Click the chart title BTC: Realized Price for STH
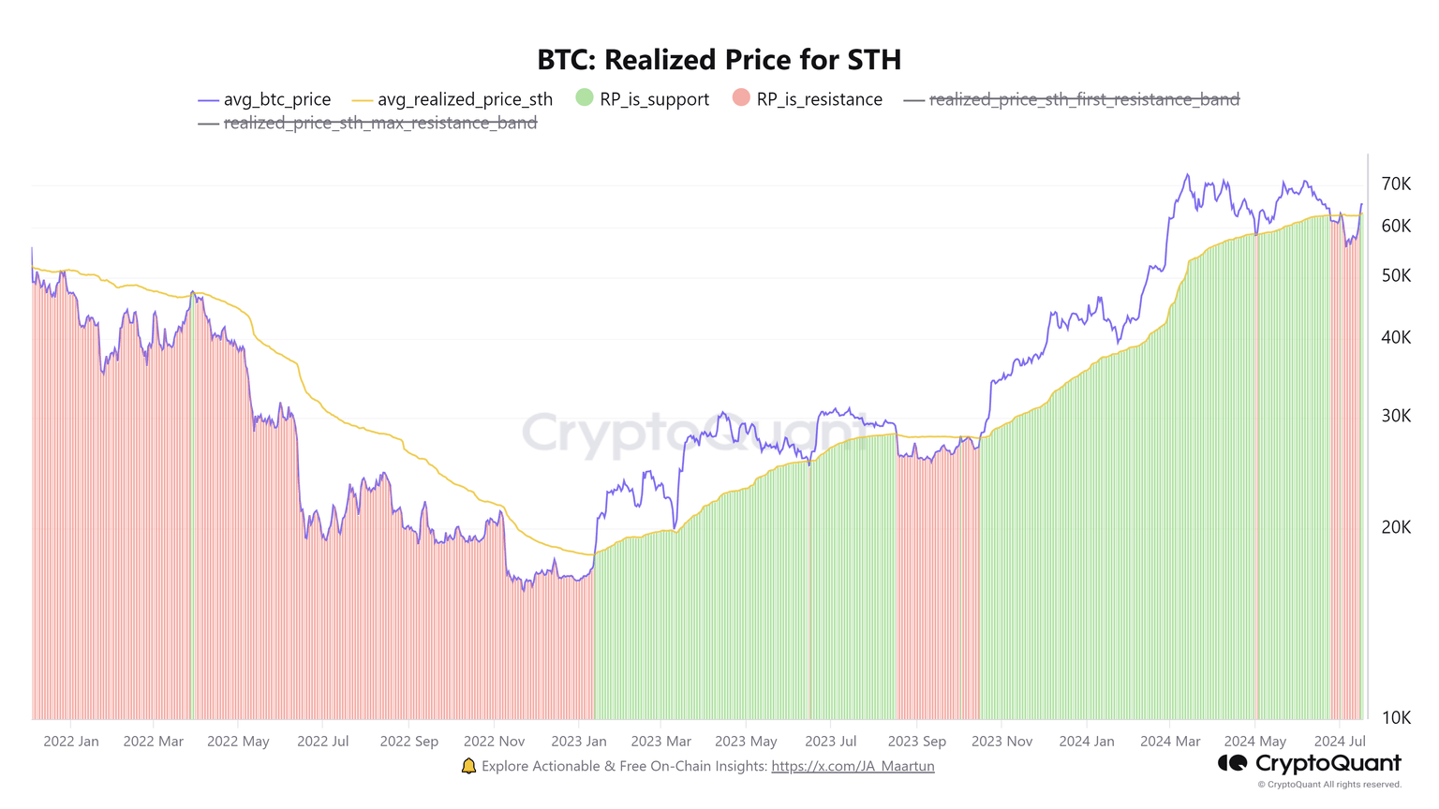click(x=719, y=60)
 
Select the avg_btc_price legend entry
click(x=265, y=99)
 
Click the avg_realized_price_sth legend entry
click(x=452, y=99)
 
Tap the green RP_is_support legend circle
click(x=585, y=97)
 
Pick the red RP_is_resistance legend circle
click(x=741, y=97)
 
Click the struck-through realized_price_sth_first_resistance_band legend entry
click(x=1072, y=99)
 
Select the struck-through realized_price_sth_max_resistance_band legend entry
click(x=368, y=123)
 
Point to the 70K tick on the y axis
click(x=1396, y=184)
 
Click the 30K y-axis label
click(x=1396, y=416)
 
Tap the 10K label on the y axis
click(x=1396, y=717)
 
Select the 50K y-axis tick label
click(x=1396, y=275)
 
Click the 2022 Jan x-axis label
click(x=71, y=741)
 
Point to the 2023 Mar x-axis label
click(x=660, y=741)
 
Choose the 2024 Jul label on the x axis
click(x=1340, y=741)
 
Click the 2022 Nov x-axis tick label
click(x=494, y=741)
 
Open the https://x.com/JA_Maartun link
click(x=853, y=766)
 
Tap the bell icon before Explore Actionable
click(x=468, y=766)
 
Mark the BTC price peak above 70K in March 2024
click(x=1187, y=175)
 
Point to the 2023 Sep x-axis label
click(x=916, y=741)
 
